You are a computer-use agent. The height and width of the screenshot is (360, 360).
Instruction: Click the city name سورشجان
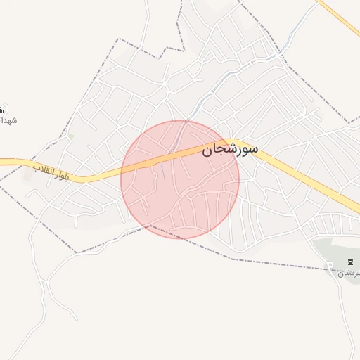[230, 150]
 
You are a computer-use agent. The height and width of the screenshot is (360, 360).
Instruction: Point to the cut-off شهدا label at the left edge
[8, 120]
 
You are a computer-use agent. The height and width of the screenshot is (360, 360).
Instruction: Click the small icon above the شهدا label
[2, 109]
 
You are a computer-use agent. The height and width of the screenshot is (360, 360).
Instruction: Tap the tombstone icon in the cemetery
[349, 262]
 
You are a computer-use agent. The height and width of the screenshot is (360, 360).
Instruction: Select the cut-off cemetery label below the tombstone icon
[349, 273]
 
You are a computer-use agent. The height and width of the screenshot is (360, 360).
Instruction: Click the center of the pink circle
[180, 179]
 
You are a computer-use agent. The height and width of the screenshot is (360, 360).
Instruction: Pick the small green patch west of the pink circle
[71, 135]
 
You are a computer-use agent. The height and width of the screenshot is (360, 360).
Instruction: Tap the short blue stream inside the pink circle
[162, 169]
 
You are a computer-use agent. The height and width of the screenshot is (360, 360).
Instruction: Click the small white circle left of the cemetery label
[330, 265]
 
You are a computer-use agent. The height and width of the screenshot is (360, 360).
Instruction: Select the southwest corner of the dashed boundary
[76, 252]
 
